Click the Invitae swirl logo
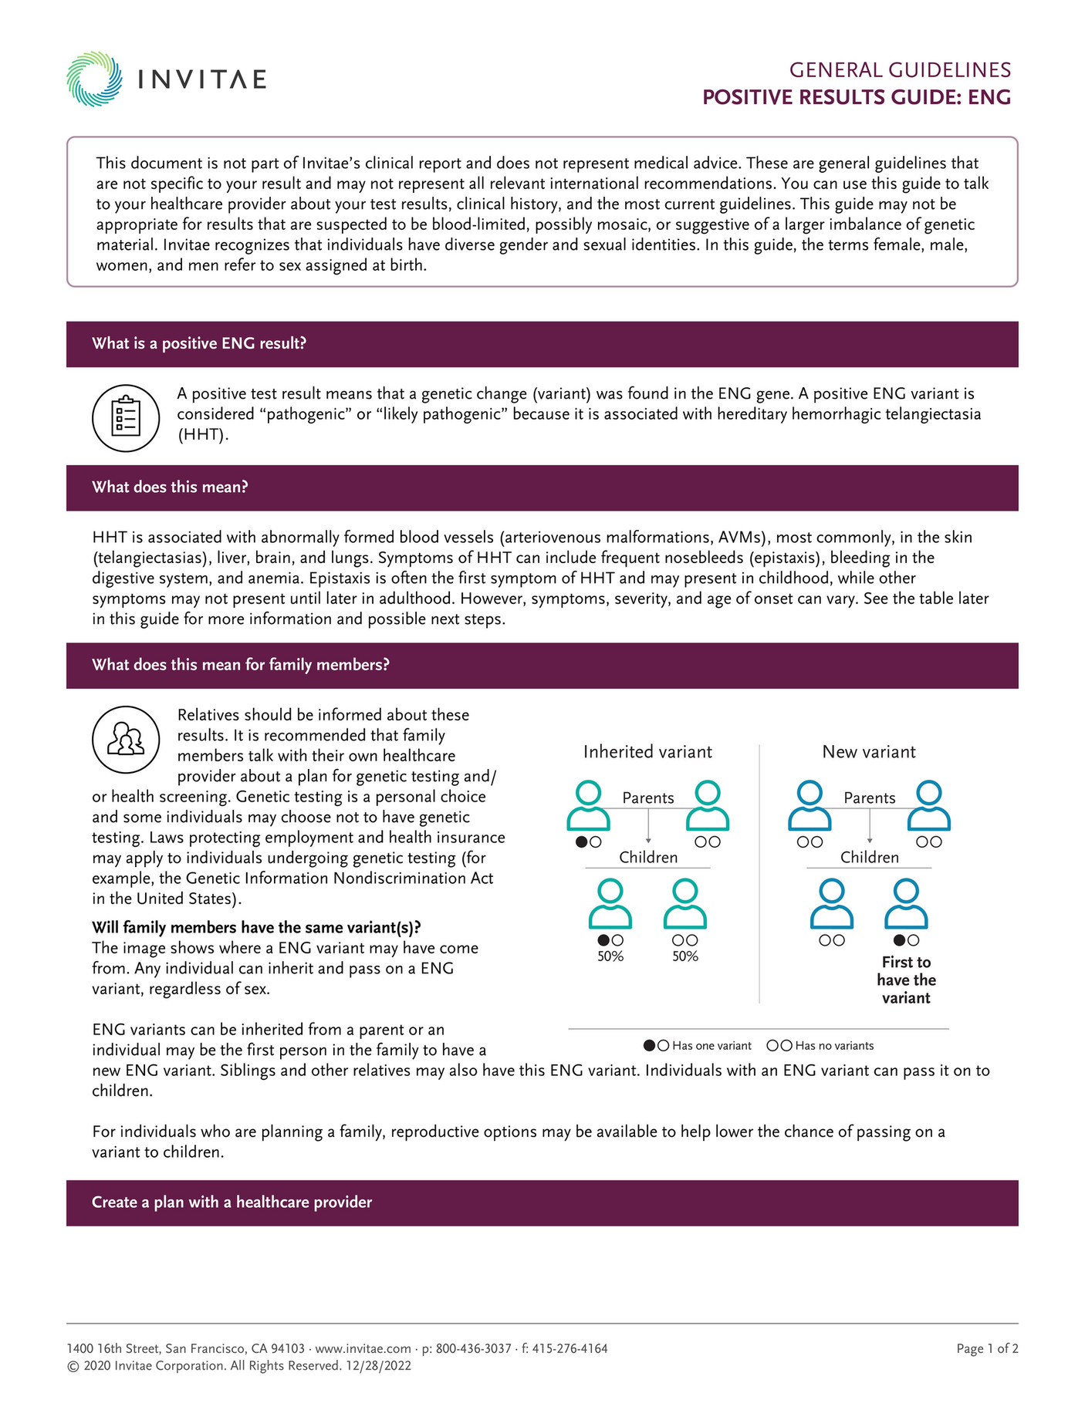pyautogui.click(x=94, y=79)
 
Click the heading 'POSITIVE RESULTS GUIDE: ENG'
pyautogui.click(x=856, y=97)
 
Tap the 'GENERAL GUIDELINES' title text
pyautogui.click(x=899, y=70)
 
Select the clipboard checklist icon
pyautogui.click(x=126, y=418)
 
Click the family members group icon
pyautogui.click(x=126, y=739)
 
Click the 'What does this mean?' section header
pyautogui.click(x=170, y=487)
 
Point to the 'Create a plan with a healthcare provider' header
pyautogui.click(x=232, y=1202)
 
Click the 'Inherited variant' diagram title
pyautogui.click(x=647, y=752)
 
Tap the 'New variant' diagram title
pyautogui.click(x=869, y=752)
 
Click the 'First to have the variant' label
pyautogui.click(x=906, y=980)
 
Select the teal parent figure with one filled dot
pyautogui.click(x=589, y=805)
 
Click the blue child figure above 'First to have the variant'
pyautogui.click(x=906, y=903)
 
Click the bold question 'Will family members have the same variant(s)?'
pyautogui.click(x=256, y=927)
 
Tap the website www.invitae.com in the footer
pyautogui.click(x=363, y=1348)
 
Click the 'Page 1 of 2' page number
pyautogui.click(x=987, y=1348)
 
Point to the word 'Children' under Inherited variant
pyautogui.click(x=648, y=858)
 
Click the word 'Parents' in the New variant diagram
pyautogui.click(x=870, y=798)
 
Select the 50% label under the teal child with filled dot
pyautogui.click(x=610, y=956)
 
